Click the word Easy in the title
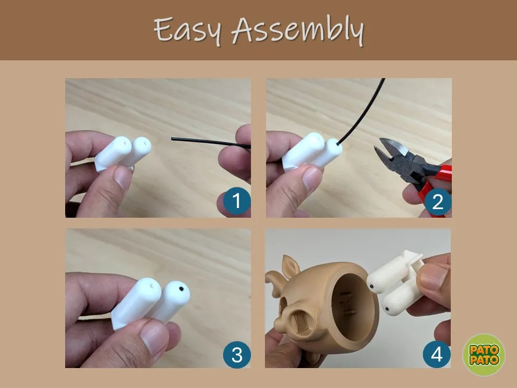pos(187,31)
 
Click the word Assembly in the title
pos(297,30)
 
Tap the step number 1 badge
pos(236,201)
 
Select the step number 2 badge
pos(437,202)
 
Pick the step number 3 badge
pos(237,355)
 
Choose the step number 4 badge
pos(437,355)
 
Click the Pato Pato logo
pos(484,355)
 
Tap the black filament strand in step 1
pos(211,142)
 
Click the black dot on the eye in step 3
pos(181,289)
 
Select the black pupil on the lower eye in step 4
pos(387,309)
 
